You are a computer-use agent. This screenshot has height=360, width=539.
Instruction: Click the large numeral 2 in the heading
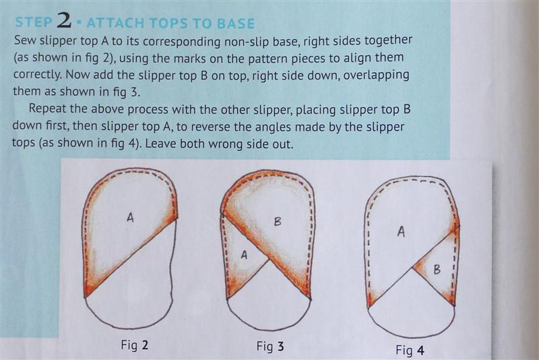(x=64, y=20)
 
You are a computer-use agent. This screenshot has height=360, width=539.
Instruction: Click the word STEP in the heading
(x=34, y=22)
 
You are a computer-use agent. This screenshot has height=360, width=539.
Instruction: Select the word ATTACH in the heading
(x=115, y=23)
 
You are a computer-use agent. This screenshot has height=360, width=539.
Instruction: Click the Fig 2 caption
(x=134, y=344)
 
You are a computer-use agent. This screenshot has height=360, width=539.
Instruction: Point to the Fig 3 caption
(x=270, y=347)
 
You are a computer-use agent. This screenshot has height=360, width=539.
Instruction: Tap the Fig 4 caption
(x=410, y=351)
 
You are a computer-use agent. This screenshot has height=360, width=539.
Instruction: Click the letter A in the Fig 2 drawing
(x=130, y=217)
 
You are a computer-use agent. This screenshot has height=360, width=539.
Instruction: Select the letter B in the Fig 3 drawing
(x=278, y=222)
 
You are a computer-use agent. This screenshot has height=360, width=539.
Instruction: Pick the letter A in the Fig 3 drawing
(x=244, y=255)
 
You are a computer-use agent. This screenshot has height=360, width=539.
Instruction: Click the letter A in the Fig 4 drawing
(x=401, y=232)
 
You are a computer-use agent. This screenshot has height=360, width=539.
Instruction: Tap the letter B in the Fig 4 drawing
(x=437, y=269)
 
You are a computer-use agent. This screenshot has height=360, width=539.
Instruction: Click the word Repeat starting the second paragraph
(x=47, y=109)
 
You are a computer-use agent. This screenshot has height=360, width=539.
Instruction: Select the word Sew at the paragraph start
(x=25, y=40)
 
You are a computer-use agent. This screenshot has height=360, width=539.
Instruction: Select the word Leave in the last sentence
(x=160, y=144)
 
